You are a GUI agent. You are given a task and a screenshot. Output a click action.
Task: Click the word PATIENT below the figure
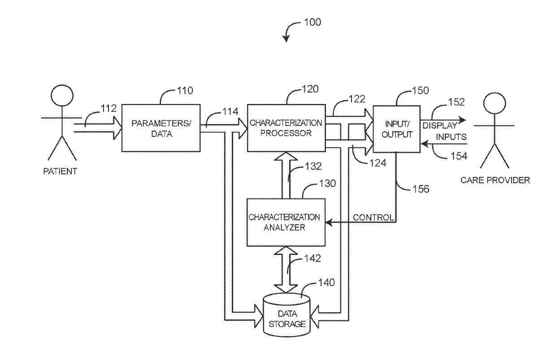(60, 171)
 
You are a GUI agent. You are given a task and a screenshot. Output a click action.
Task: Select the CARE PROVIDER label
(495, 180)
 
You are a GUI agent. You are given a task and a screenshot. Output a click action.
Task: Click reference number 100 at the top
(313, 22)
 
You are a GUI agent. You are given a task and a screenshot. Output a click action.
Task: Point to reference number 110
(185, 90)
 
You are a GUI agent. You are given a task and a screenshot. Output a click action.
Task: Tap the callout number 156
(421, 189)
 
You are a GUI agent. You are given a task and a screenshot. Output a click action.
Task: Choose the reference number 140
(326, 282)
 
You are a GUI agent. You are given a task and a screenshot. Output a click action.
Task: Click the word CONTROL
(374, 217)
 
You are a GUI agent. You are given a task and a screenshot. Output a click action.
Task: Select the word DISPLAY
(440, 125)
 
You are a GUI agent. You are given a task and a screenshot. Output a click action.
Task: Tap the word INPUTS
(451, 137)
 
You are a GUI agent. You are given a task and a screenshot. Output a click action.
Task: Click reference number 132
(313, 166)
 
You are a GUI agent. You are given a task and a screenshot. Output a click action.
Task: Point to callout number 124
(378, 163)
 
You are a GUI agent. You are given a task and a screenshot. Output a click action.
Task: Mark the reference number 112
(109, 108)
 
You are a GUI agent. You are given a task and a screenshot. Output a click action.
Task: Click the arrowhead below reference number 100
(286, 39)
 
